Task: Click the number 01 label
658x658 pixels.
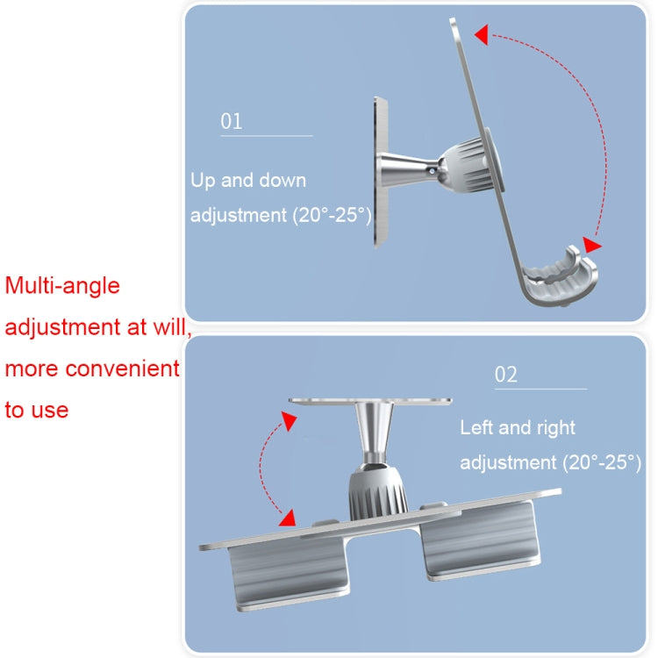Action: point(231,121)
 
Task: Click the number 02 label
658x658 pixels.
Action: point(506,375)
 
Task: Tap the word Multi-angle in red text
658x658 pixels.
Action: point(62,285)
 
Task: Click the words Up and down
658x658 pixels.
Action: point(248,181)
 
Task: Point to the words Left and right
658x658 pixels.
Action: point(518,428)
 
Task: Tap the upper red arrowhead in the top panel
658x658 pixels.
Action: point(480,35)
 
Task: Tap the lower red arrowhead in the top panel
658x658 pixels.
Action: point(592,247)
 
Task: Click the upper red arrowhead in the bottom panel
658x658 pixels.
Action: point(286,423)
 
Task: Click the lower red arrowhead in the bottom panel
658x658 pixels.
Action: point(284,510)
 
